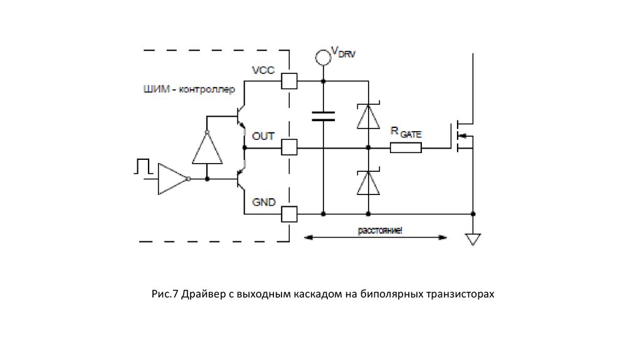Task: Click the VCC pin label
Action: [263, 70]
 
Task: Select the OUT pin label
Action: [263, 135]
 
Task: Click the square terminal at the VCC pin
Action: [288, 82]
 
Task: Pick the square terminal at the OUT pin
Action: [288, 148]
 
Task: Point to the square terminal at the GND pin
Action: [288, 214]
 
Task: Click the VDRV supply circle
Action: [323, 57]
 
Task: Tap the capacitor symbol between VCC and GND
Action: [323, 115]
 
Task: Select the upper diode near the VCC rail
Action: [368, 115]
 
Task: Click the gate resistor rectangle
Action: [406, 148]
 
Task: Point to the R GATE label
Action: [406, 133]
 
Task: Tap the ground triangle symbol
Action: [473, 239]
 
